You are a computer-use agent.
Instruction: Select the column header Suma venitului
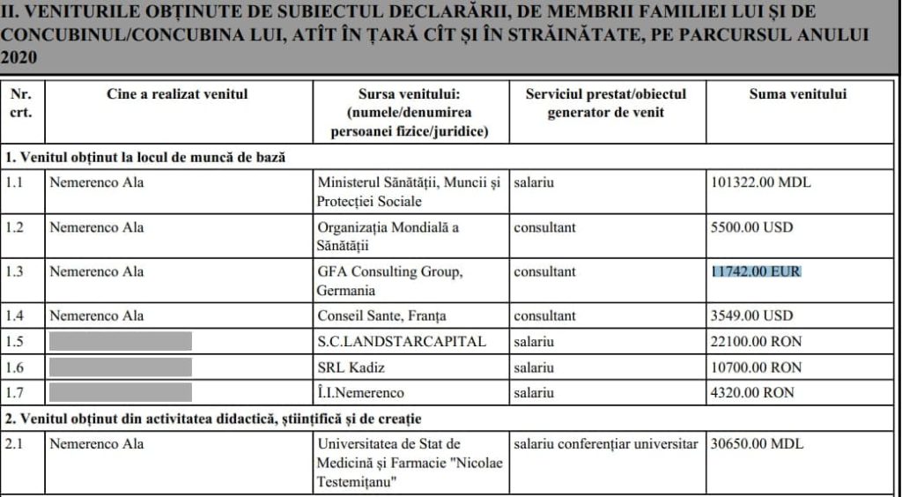click(798, 94)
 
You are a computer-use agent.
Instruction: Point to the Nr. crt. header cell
click(20, 103)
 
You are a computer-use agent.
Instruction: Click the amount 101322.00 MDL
click(761, 183)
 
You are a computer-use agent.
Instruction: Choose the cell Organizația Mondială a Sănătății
click(388, 236)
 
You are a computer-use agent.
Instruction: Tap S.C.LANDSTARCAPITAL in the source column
click(402, 342)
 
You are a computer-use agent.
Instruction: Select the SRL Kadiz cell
click(355, 367)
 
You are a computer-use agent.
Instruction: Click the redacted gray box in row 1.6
click(120, 367)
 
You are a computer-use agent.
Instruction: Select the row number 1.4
click(16, 315)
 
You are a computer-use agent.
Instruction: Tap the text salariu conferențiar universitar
click(605, 443)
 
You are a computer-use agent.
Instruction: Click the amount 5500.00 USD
click(752, 227)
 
